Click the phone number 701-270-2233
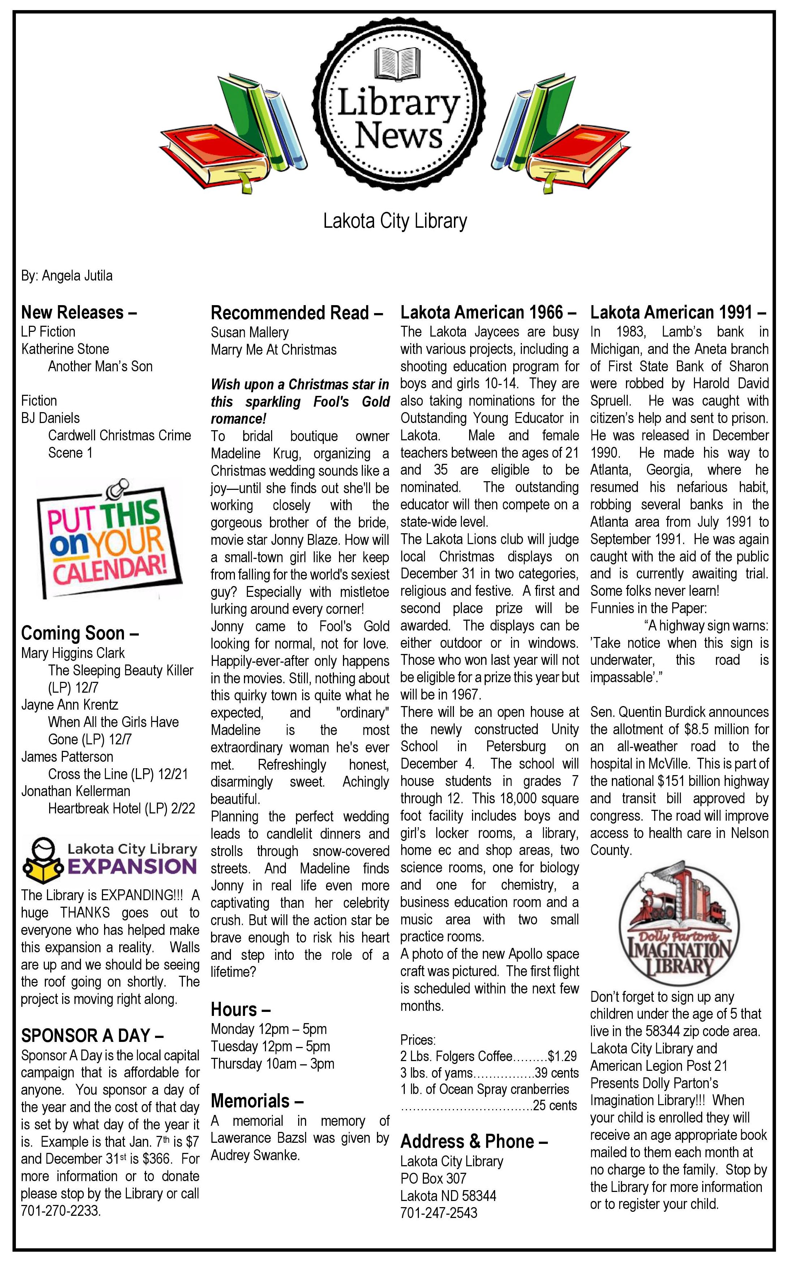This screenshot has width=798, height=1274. pyautogui.click(x=60, y=1211)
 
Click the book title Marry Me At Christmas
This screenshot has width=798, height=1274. pyautogui.click(x=273, y=350)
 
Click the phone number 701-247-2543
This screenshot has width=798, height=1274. pyautogui.click(x=439, y=1213)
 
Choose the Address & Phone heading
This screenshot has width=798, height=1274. pyautogui.click(x=474, y=1141)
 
